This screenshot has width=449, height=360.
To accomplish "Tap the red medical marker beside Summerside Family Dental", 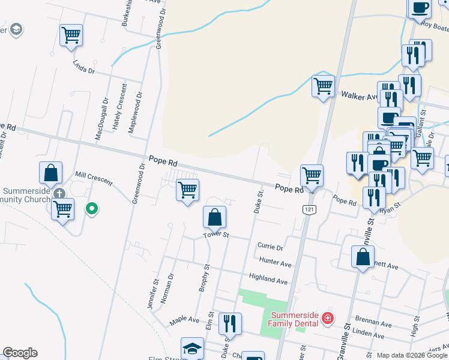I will click(x=328, y=318).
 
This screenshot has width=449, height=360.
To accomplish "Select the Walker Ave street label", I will click(x=359, y=95).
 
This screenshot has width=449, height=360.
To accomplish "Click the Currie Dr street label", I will click(x=270, y=246).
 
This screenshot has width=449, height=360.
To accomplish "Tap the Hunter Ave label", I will click(x=275, y=262).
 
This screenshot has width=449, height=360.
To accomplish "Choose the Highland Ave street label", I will click(x=269, y=280).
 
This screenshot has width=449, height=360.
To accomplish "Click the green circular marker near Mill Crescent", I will click(x=91, y=209).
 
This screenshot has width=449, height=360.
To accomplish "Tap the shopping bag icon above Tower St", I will click(x=214, y=217).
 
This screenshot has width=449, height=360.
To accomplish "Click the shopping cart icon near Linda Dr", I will click(x=71, y=35).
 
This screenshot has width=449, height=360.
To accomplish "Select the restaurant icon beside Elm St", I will click(x=230, y=324).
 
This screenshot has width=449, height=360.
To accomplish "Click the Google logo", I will click(x=20, y=353).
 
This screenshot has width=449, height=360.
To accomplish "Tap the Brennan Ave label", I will click(x=373, y=323).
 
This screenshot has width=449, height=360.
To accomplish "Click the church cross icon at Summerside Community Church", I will click(x=59, y=194).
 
